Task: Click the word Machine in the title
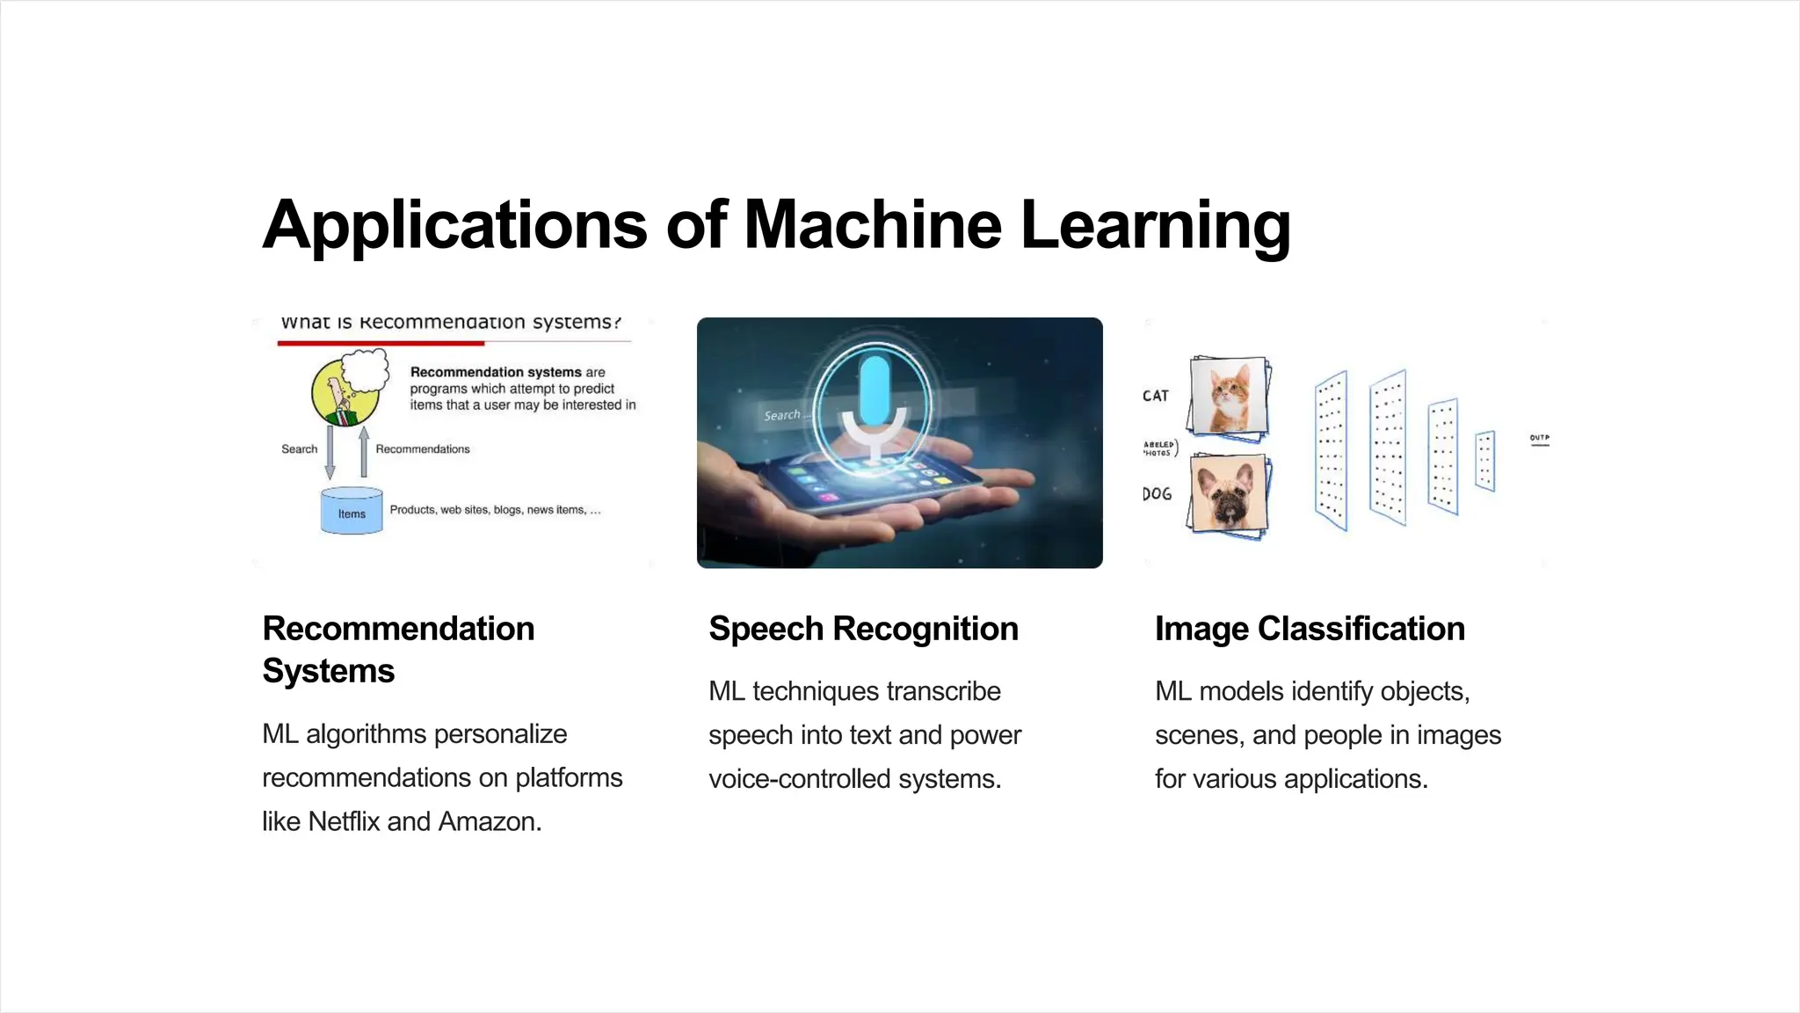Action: click(x=872, y=225)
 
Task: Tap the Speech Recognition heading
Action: click(x=863, y=629)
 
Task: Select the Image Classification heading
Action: click(x=1310, y=629)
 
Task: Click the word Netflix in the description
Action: click(x=344, y=821)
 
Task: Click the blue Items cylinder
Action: click(x=352, y=512)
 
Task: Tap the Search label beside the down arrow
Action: click(x=299, y=448)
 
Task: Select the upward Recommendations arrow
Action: click(x=364, y=451)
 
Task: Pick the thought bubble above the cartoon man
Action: click(x=365, y=369)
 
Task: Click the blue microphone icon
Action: click(x=875, y=391)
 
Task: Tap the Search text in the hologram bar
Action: click(x=781, y=415)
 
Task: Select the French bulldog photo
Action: click(x=1229, y=494)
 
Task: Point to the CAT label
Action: click(x=1156, y=396)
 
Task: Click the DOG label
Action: click(x=1157, y=494)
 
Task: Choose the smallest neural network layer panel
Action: click(x=1484, y=460)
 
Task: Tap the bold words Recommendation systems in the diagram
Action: click(x=496, y=372)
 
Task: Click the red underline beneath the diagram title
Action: click(x=381, y=343)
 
